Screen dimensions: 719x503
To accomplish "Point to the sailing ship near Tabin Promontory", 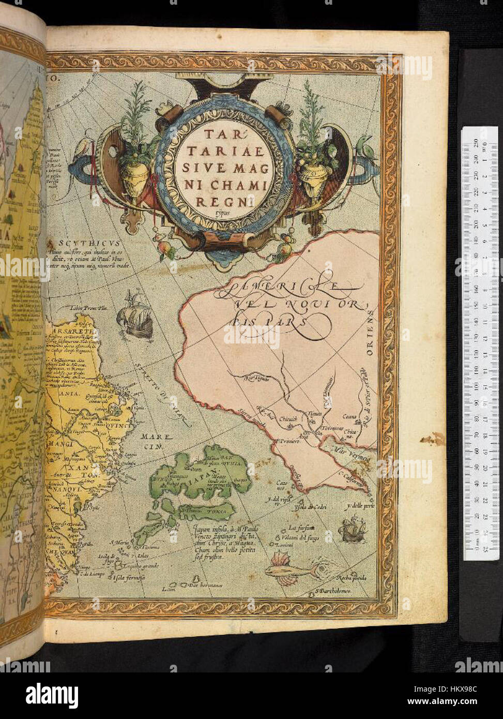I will (135, 315).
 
